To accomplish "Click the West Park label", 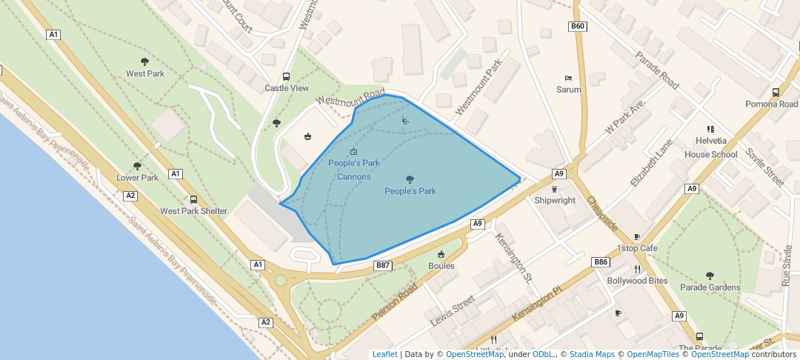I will pos(145,74).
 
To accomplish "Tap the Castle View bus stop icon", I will pos(287,77).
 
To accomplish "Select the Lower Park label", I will pos(138,178).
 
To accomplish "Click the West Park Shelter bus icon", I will pos(194,199).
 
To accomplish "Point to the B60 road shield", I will pos(578,27).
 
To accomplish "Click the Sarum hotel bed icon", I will pos(569,78).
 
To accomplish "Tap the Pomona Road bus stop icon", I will pos(776,93).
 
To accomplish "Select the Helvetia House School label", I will pos(710,148).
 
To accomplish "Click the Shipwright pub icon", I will pos(555,189).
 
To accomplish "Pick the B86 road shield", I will pos(601,262).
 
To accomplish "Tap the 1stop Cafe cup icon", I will pos(637,236).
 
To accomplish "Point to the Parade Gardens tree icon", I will pos(710,276).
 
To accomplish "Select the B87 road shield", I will pos(382,265).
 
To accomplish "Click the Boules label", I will pos(441,266).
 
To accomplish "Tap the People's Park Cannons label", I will pos(354,170).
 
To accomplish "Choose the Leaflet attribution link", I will pos(384,354).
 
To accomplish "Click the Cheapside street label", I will pos(602,213).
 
